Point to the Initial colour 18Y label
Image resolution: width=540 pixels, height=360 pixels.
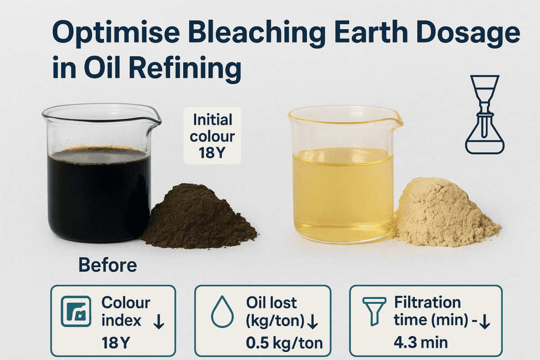coord(212,135)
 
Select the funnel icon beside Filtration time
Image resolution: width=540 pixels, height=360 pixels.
coord(374,310)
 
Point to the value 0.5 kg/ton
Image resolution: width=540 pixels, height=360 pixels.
coord(284,343)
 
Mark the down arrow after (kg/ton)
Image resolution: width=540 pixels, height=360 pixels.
coord(314,321)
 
